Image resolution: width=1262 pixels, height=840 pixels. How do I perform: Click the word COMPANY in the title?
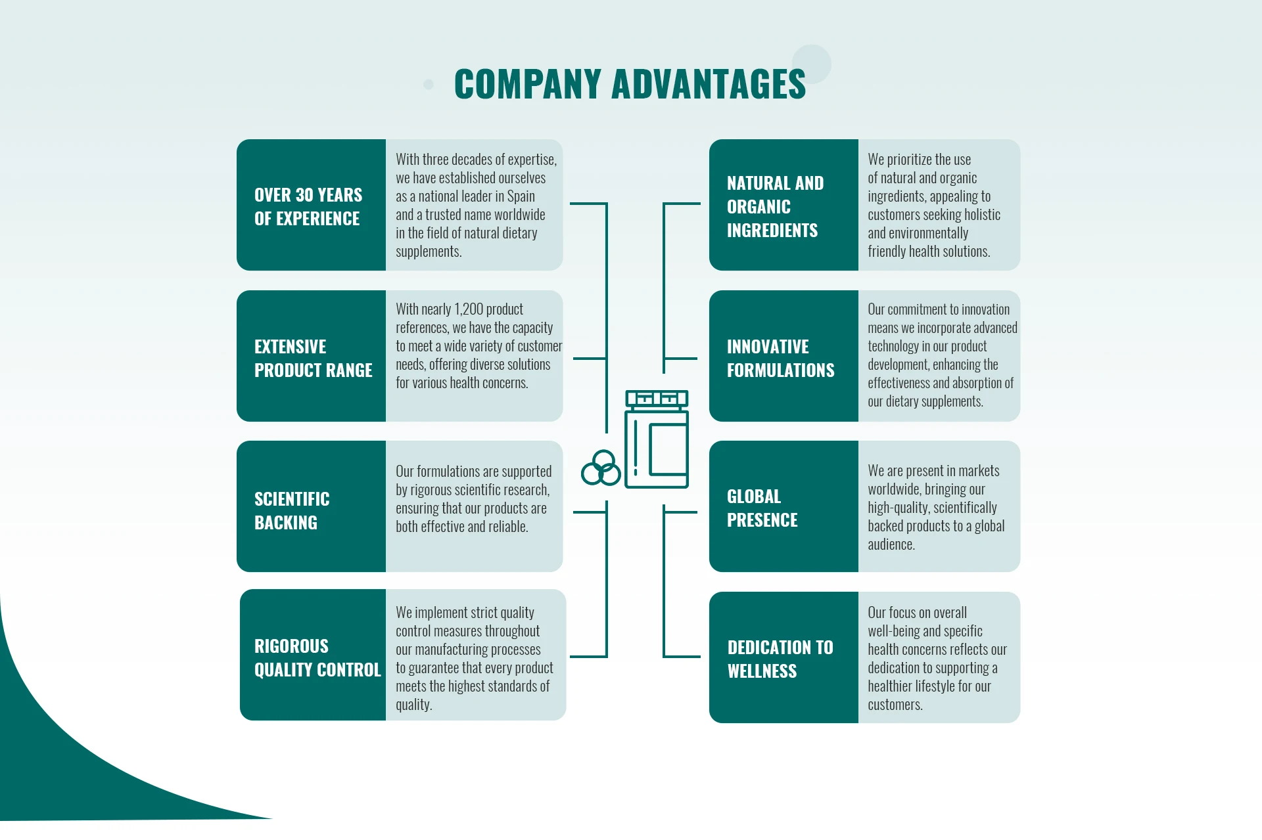[x=528, y=85]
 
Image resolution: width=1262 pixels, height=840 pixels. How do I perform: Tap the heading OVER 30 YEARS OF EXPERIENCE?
[x=308, y=206]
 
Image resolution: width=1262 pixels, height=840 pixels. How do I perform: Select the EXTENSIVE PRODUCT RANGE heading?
[x=313, y=358]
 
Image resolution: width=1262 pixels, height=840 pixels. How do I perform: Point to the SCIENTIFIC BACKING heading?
[x=292, y=510]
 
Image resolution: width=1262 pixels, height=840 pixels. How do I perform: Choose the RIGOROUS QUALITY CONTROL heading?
[x=317, y=657]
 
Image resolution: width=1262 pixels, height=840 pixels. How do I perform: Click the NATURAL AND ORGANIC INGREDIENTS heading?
[x=775, y=206]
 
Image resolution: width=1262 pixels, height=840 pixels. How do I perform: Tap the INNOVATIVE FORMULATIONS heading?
[x=780, y=358]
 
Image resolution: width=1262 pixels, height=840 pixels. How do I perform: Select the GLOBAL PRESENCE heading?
[x=762, y=508]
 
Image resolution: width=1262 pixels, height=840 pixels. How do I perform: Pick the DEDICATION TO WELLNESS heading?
[x=780, y=659]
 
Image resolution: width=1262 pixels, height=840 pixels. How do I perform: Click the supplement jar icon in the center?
[x=656, y=447]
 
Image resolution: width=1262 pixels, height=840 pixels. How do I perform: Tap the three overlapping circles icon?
[x=601, y=468]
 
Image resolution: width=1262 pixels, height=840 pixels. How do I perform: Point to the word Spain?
[x=521, y=196]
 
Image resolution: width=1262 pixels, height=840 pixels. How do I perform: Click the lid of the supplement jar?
[x=657, y=399]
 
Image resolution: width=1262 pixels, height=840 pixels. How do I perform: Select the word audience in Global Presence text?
[x=891, y=544]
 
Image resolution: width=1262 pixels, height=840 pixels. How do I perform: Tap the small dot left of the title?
[x=429, y=84]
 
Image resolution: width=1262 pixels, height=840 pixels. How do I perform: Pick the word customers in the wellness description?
[x=895, y=705]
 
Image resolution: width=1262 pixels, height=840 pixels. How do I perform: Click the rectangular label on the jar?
[x=668, y=449]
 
